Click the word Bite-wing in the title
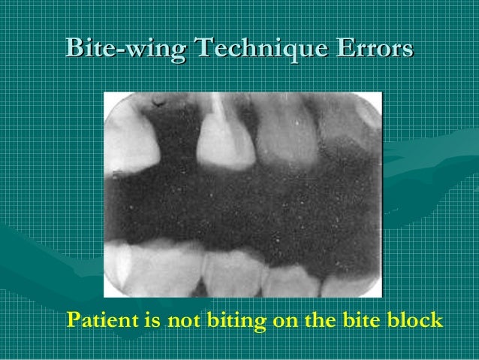pyautogui.click(x=124, y=48)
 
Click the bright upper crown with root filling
pyautogui.click(x=223, y=139)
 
